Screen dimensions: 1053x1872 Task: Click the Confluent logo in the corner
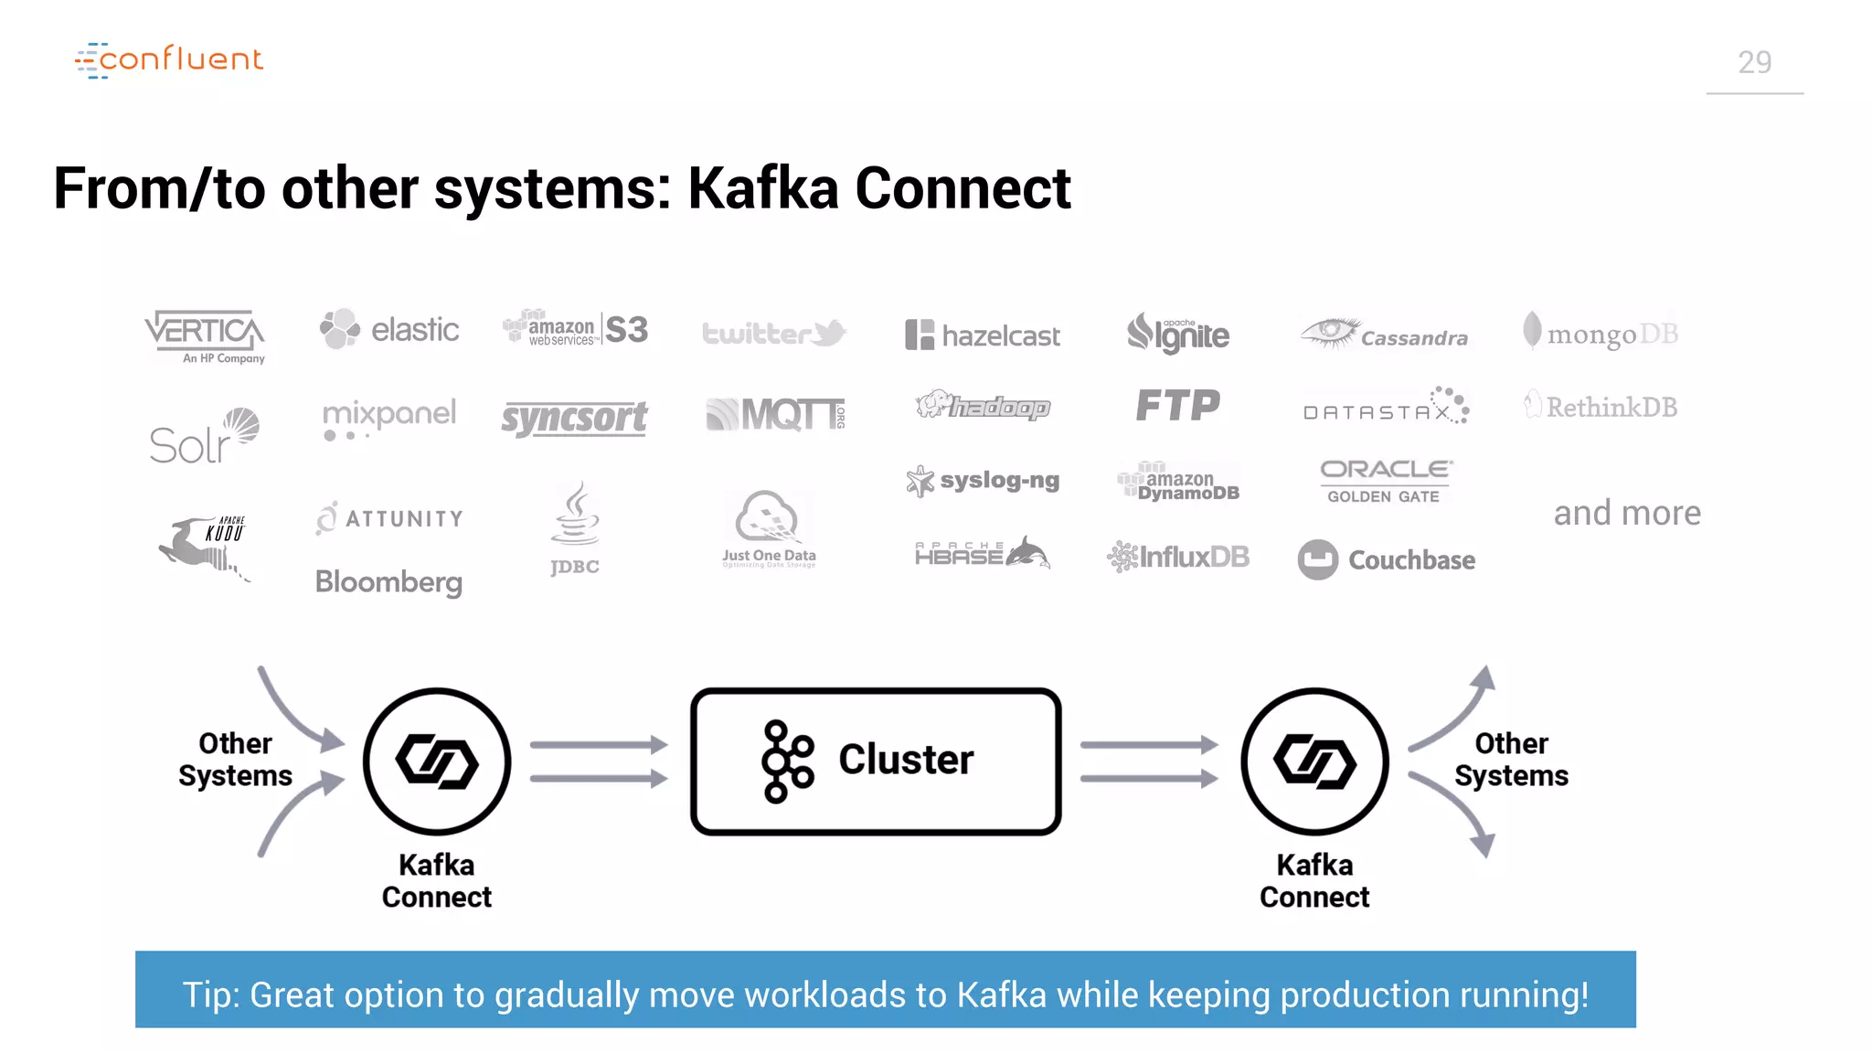pyautogui.click(x=169, y=59)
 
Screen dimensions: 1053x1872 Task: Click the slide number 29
pyautogui.click(x=1754, y=62)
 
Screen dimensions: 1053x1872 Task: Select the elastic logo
pyautogui.click(x=390, y=329)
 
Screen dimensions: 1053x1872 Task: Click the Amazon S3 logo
pyautogui.click(x=576, y=329)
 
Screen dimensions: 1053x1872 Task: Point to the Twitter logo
pyautogui.click(x=773, y=333)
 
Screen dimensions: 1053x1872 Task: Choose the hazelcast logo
pyautogui.click(x=983, y=335)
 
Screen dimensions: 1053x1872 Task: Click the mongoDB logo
pyautogui.click(x=1601, y=333)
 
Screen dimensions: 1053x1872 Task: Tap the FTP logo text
pyautogui.click(x=1177, y=405)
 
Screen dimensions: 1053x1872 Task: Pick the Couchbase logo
pyautogui.click(x=1387, y=559)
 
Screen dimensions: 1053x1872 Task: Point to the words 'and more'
pyautogui.click(x=1627, y=513)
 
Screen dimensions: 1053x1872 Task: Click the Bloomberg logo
pyautogui.click(x=388, y=582)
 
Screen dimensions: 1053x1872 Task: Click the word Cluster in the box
pyautogui.click(x=906, y=760)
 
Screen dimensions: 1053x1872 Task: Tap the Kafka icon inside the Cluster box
pyautogui.click(x=786, y=761)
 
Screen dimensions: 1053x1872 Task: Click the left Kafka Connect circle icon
pyautogui.click(x=437, y=761)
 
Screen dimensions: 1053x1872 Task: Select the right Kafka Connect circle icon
pyautogui.click(x=1314, y=761)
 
